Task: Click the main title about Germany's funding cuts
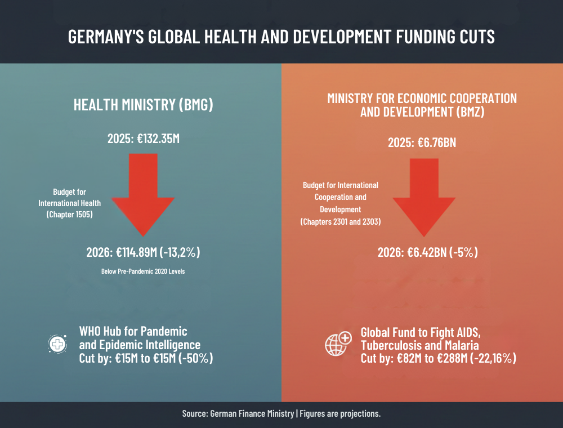[281, 37]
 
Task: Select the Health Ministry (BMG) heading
[143, 105]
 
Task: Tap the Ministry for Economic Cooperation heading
[422, 105]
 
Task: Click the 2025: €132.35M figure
[143, 139]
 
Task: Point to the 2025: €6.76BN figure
[422, 142]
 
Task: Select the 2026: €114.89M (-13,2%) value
[143, 252]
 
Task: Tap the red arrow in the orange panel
[423, 197]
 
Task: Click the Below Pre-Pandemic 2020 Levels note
[143, 271]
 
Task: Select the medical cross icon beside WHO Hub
[57, 344]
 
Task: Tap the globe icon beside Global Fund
[338, 344]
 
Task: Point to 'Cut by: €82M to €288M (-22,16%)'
[438, 358]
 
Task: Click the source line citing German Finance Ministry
[281, 414]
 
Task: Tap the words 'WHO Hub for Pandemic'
[133, 331]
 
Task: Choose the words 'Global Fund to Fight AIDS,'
[420, 332]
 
